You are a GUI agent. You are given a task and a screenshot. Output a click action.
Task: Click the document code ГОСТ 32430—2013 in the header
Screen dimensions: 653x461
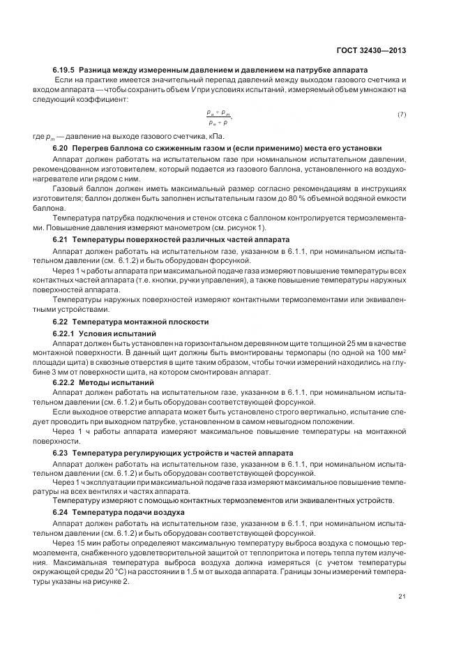pyautogui.click(x=372, y=51)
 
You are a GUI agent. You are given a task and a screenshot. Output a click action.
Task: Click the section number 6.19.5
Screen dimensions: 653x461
pyautogui.click(x=64, y=70)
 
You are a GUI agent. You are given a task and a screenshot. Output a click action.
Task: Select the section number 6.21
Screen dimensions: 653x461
pyautogui.click(x=61, y=239)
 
